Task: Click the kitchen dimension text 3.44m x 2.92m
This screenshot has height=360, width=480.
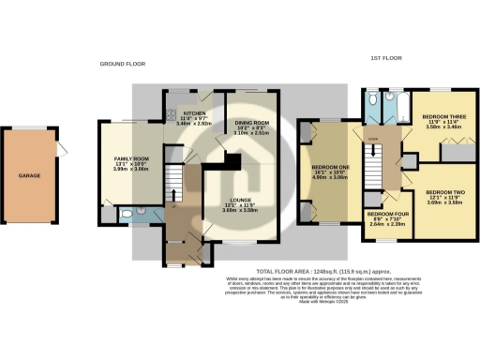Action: [194, 123]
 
